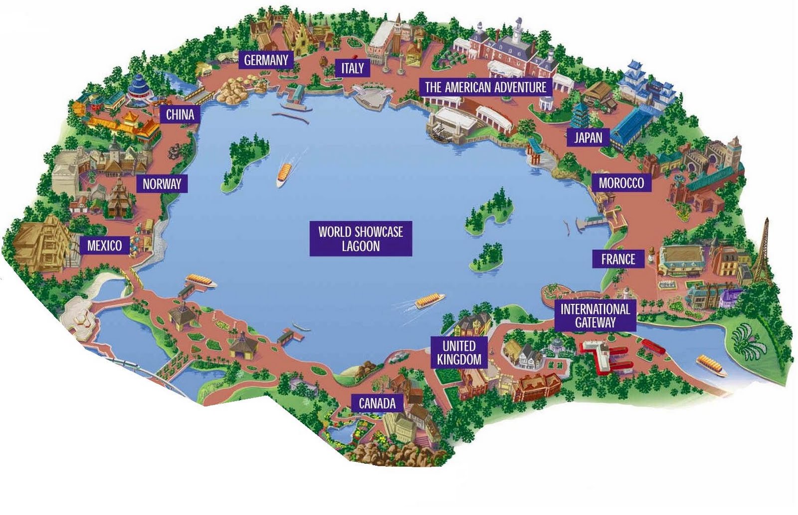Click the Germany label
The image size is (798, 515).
(x=266, y=60)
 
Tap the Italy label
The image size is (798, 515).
(x=352, y=68)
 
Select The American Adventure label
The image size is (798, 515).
(x=485, y=88)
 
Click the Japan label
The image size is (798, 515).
(x=588, y=137)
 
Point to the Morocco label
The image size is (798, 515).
(x=621, y=183)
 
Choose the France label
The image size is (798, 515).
(x=618, y=259)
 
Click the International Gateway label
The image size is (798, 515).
(x=595, y=316)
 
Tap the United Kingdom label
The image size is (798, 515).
(x=459, y=352)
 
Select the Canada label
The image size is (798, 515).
(x=377, y=403)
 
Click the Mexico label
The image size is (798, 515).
(x=104, y=246)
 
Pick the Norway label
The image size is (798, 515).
(x=162, y=184)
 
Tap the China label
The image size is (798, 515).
(x=180, y=115)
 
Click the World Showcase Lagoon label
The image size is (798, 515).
(x=361, y=239)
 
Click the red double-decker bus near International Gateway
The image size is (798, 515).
(x=652, y=345)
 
